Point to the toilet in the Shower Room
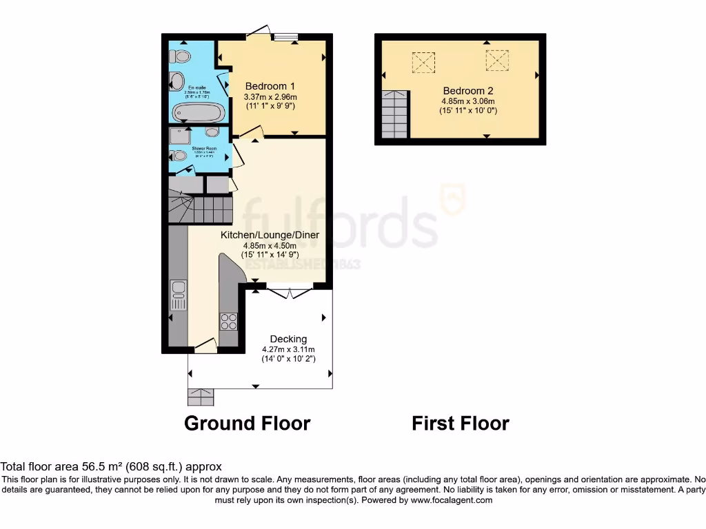[x=179, y=156]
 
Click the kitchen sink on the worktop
[x=179, y=295]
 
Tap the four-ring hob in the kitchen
[x=228, y=321]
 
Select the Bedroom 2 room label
[x=468, y=91]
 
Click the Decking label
[x=288, y=339]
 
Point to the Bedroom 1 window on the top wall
[x=285, y=36]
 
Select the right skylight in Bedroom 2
[x=496, y=61]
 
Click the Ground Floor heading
[x=247, y=423]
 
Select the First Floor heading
[x=461, y=423]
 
